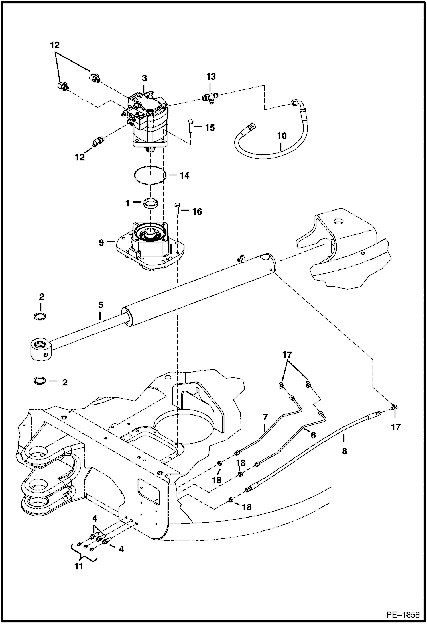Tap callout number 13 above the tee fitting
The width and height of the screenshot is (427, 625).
point(211,77)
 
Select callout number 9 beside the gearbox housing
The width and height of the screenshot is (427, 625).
point(101,243)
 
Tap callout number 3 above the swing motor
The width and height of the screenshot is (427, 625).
point(145,78)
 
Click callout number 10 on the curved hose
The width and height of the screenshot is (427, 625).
point(282,136)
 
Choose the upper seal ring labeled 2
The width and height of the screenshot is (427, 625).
point(41,316)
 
